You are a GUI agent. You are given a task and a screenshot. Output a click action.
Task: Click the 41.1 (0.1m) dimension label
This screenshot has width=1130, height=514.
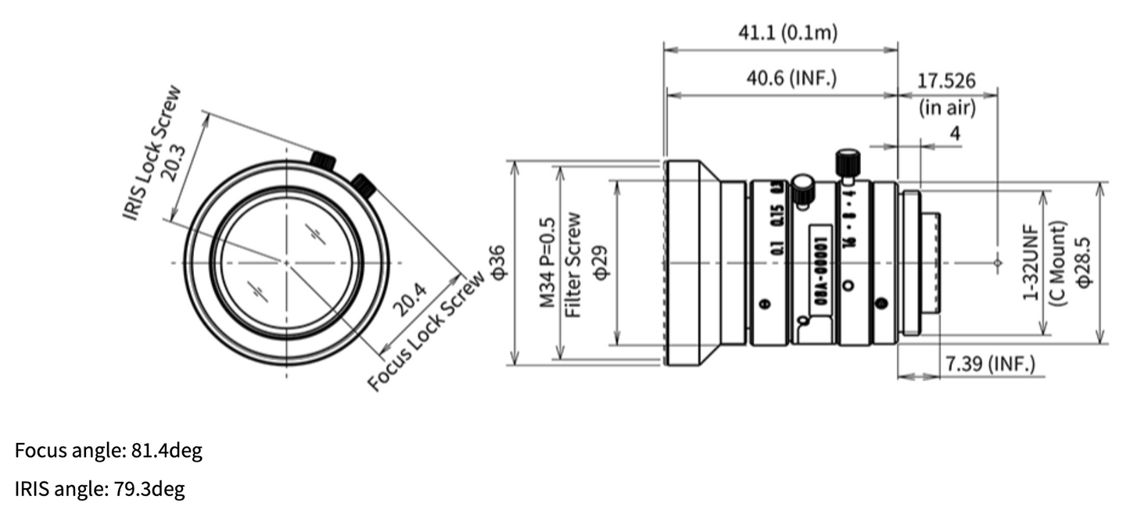pyautogui.click(x=788, y=33)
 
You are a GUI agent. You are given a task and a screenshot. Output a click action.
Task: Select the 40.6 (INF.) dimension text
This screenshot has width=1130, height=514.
pyautogui.click(x=791, y=79)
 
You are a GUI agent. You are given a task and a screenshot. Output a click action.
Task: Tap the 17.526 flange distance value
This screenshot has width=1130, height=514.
pyautogui.click(x=946, y=80)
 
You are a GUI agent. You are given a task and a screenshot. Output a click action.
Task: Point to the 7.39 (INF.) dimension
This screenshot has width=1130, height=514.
pyautogui.click(x=990, y=363)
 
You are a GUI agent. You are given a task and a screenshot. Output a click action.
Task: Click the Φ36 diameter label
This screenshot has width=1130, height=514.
pyautogui.click(x=497, y=262)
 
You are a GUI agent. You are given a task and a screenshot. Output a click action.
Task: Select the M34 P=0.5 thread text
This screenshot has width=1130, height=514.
pyautogui.click(x=548, y=262)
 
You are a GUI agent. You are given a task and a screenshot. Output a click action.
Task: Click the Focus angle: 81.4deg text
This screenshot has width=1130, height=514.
pyautogui.click(x=109, y=451)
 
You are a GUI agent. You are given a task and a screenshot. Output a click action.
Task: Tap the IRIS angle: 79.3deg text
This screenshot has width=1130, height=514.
pyautogui.click(x=100, y=490)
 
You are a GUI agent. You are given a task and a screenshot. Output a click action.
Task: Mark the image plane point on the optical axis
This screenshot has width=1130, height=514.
pyautogui.click(x=997, y=263)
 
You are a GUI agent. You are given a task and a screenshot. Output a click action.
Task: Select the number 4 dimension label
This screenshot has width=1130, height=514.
pyautogui.click(x=954, y=134)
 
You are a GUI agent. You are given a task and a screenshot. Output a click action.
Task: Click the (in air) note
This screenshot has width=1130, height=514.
pyautogui.click(x=947, y=108)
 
